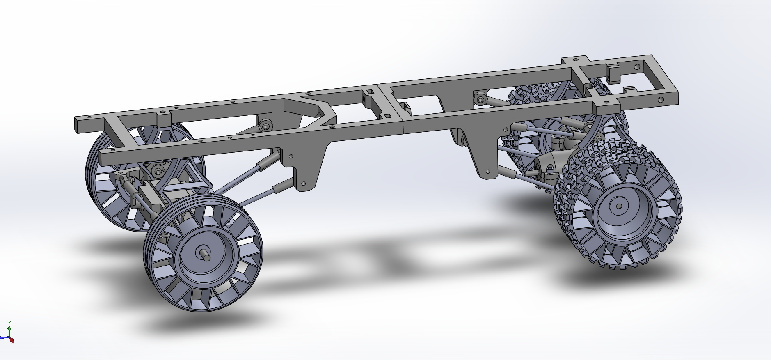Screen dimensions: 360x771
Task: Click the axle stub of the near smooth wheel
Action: (204, 254)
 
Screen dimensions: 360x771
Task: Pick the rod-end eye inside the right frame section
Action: (479, 99)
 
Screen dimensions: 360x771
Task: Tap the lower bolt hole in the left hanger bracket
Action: (304, 183)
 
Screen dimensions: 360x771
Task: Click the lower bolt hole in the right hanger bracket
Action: (487, 172)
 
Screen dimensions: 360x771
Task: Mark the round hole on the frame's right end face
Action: (661, 100)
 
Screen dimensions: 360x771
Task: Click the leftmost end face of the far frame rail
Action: (78, 124)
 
